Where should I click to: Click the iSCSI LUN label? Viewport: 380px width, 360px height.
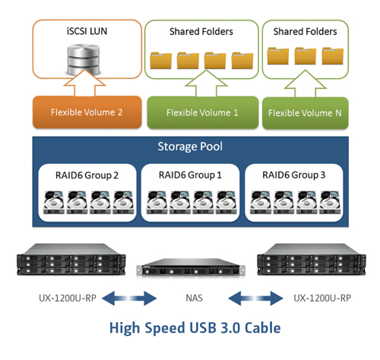tap(87, 31)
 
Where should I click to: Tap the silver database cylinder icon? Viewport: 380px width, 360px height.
tap(83, 59)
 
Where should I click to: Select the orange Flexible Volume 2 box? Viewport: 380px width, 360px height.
tap(87, 112)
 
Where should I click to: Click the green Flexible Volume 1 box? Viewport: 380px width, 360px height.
tap(203, 112)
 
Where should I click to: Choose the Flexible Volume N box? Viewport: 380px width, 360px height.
tap(306, 113)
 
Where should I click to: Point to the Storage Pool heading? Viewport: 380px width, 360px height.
tap(190, 147)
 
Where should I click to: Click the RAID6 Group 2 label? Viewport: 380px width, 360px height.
tap(87, 175)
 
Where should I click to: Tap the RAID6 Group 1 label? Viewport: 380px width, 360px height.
tap(190, 175)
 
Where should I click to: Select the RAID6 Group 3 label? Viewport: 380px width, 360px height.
tap(294, 175)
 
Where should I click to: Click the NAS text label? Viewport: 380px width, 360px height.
tap(194, 298)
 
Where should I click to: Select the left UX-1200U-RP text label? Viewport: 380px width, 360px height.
tap(68, 298)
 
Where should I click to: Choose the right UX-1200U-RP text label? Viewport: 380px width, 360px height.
tap(322, 298)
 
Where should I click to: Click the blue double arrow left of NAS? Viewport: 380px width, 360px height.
tap(129, 298)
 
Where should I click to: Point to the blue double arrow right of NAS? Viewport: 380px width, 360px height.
tap(255, 298)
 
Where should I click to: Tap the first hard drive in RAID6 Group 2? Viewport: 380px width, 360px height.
tap(54, 203)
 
